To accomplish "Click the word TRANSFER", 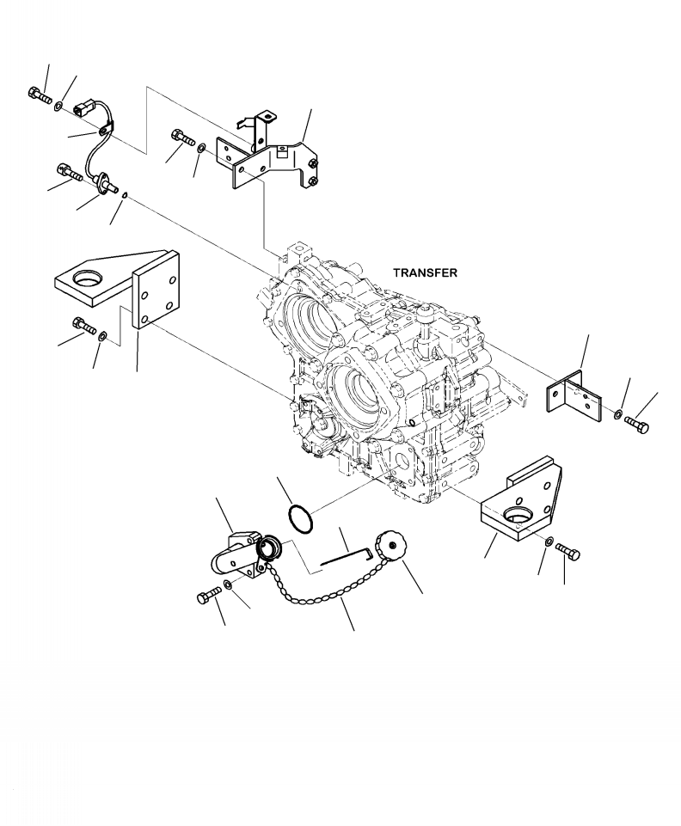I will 425,272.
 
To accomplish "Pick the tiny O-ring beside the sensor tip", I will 125,196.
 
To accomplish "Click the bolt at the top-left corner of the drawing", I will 39,95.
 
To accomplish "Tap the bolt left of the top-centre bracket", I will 181,137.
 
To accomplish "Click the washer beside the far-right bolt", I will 619,415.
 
